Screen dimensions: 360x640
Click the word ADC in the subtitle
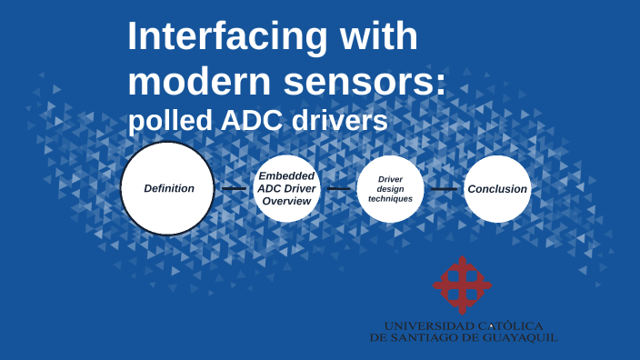[253, 121]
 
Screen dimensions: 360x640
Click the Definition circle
[168, 188]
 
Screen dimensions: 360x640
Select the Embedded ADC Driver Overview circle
[286, 188]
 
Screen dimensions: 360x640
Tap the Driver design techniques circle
[390, 189]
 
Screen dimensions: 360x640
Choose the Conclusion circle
[497, 189]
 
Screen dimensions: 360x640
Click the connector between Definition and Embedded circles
[235, 189]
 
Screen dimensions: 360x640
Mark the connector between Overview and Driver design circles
[338, 189]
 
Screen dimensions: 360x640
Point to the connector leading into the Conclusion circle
[444, 189]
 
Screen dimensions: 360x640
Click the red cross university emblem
[462, 285]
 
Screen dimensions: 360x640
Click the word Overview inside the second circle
[286, 201]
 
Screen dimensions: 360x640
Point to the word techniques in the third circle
[390, 199]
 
